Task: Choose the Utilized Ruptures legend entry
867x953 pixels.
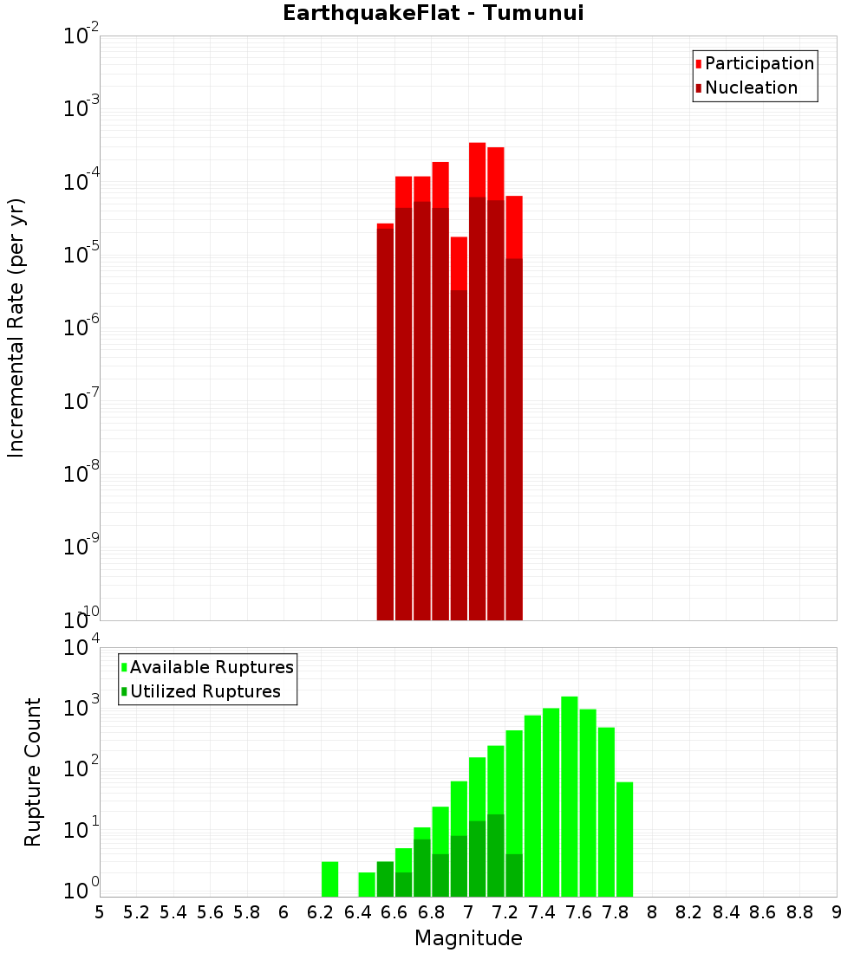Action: coord(205,691)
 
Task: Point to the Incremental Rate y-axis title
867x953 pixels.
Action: coord(16,327)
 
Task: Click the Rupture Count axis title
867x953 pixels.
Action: coord(33,772)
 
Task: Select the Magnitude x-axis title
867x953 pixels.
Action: coord(468,938)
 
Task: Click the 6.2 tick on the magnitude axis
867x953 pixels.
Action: coord(321,912)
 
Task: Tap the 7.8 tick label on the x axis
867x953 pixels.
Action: coord(616,912)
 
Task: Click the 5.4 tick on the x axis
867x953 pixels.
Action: coord(173,912)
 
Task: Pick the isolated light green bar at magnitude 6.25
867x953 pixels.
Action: coord(329,878)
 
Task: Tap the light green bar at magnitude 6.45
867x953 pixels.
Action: coord(367,884)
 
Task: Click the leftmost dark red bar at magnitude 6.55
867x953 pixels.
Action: coord(385,425)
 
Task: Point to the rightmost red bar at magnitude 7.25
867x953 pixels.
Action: coord(514,225)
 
